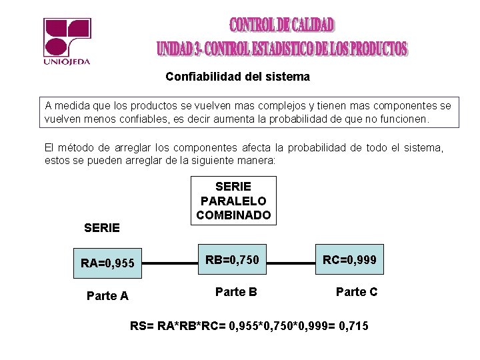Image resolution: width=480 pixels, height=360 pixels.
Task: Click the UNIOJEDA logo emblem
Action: [66, 37]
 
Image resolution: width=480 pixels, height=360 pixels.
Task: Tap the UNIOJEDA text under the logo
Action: [66, 62]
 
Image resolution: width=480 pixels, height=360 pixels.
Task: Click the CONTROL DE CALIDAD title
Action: [282, 26]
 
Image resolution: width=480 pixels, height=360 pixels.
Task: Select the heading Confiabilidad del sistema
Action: [237, 77]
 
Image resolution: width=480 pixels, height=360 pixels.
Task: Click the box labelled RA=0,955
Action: [107, 263]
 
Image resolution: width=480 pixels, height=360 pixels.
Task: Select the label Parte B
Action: [237, 291]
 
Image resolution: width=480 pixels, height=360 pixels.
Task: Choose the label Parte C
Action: [356, 291]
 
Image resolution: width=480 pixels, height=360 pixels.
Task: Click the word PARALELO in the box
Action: [233, 201]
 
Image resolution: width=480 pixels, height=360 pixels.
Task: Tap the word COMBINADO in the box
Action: [233, 215]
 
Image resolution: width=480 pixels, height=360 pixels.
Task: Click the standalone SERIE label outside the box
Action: [102, 228]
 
